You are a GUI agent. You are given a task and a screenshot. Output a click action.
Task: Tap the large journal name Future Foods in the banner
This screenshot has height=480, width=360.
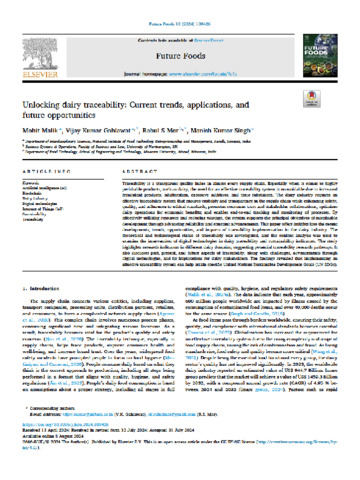click(180, 45)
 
